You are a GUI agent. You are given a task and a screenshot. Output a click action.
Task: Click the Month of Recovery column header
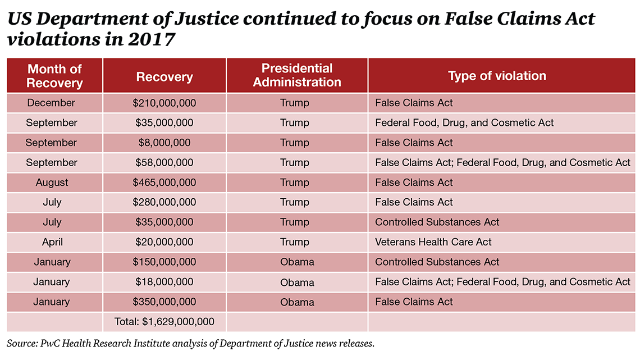tap(54, 76)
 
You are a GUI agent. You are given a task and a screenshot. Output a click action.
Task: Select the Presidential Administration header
tap(297, 76)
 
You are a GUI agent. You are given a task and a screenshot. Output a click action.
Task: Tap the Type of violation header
tap(497, 76)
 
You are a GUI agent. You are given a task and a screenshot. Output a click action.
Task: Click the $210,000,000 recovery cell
tap(164, 103)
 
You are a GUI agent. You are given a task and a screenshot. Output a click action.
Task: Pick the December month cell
tap(51, 103)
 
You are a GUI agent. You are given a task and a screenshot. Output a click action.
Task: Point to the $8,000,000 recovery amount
tap(164, 143)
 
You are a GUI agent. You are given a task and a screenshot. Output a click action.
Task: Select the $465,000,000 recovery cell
tap(164, 183)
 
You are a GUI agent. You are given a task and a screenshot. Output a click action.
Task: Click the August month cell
tap(52, 183)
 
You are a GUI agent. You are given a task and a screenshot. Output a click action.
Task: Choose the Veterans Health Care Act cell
tap(433, 242)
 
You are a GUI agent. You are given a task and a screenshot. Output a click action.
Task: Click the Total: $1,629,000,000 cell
tap(164, 322)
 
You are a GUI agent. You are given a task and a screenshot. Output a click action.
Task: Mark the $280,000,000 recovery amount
tap(164, 202)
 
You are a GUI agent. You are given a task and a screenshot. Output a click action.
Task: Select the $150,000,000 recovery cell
tap(164, 262)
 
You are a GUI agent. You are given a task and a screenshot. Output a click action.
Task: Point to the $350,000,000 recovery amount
tap(164, 302)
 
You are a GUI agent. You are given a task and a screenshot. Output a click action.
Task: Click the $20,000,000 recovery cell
tap(164, 242)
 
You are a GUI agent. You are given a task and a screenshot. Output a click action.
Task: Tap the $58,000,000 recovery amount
tap(164, 162)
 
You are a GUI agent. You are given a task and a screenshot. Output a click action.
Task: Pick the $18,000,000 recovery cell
tap(164, 282)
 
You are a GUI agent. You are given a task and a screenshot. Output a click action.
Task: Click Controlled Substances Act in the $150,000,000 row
tap(437, 262)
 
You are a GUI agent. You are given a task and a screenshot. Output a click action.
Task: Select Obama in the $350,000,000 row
tap(297, 302)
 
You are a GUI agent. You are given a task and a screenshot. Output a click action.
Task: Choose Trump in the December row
tap(295, 103)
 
